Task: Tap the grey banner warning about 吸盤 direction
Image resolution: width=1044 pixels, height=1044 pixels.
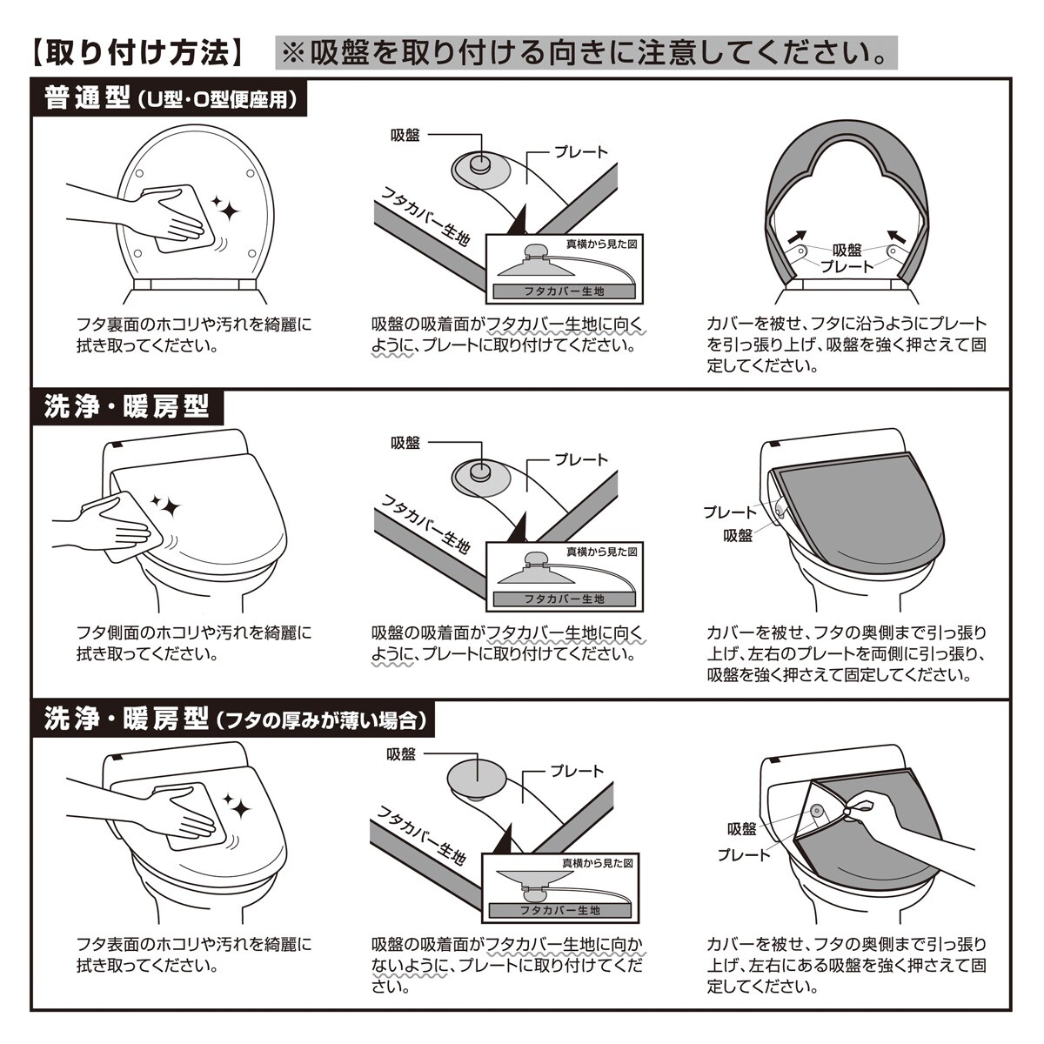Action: click(x=586, y=52)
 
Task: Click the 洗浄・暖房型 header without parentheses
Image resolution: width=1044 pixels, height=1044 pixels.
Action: click(x=128, y=407)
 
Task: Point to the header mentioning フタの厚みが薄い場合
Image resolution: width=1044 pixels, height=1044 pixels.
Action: click(x=233, y=719)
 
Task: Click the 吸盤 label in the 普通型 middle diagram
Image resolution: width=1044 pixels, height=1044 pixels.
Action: click(x=405, y=135)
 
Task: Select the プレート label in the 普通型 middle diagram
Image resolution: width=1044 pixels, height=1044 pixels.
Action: click(x=581, y=152)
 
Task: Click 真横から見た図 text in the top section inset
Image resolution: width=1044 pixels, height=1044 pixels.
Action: click(x=601, y=244)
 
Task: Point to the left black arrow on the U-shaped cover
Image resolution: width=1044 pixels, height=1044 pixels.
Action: click(x=797, y=237)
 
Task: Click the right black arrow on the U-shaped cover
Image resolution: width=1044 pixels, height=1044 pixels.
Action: click(x=897, y=237)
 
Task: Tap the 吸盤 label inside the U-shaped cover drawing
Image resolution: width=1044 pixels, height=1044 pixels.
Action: click(x=847, y=251)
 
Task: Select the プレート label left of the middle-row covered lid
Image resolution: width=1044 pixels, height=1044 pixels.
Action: click(x=729, y=512)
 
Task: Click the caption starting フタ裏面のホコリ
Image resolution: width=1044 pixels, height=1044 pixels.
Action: click(x=194, y=335)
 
